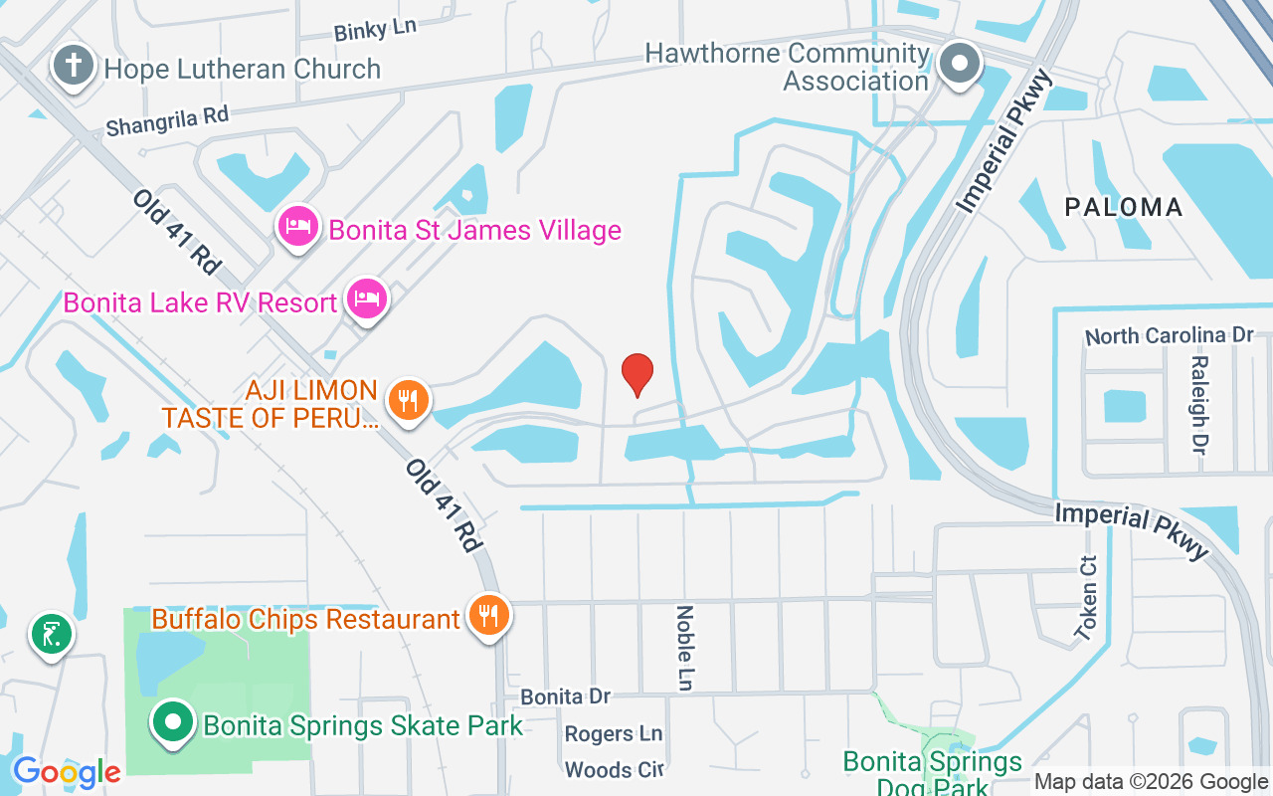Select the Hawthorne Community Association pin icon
(x=960, y=66)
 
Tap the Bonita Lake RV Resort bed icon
(x=367, y=299)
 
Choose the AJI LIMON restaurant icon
(x=407, y=401)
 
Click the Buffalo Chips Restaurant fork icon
(x=488, y=617)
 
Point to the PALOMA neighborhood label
(x=1124, y=207)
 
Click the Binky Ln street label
(x=375, y=30)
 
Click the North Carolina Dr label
(x=1170, y=335)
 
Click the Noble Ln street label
(x=685, y=648)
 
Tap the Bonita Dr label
(x=565, y=696)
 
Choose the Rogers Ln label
(x=613, y=734)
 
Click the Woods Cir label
(x=613, y=769)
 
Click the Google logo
(x=67, y=771)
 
